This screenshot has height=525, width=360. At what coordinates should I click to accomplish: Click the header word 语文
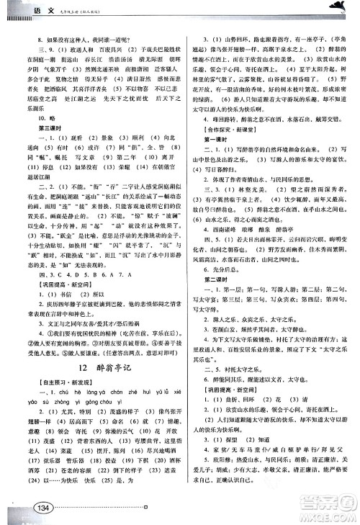(x=24, y=8)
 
